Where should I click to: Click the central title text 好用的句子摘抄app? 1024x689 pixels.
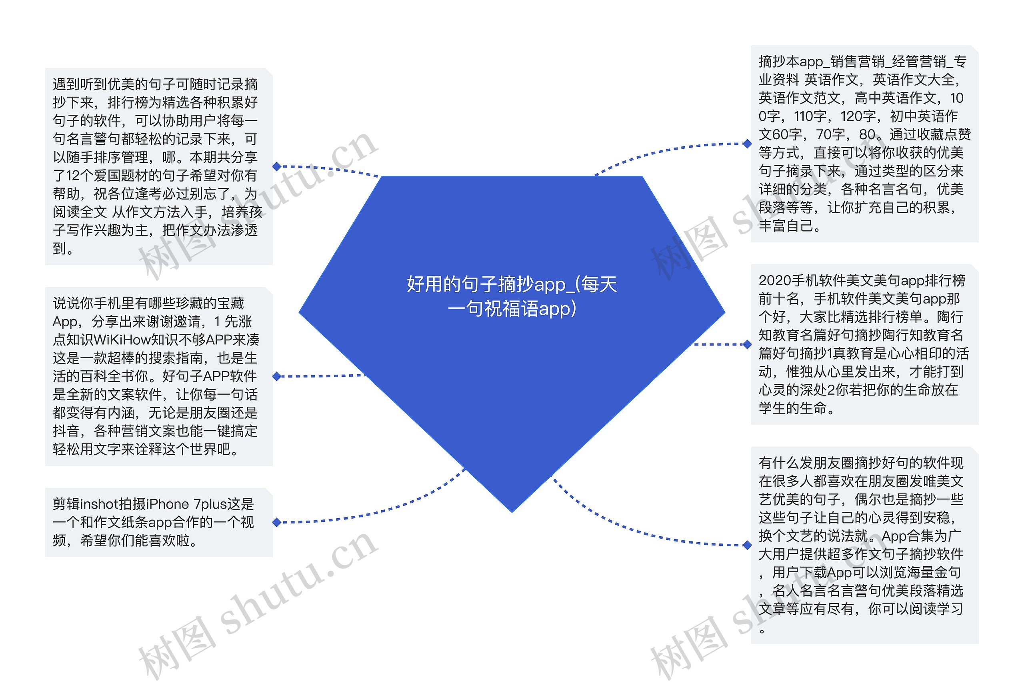tap(512, 296)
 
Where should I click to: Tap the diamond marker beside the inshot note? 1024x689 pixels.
tap(276, 522)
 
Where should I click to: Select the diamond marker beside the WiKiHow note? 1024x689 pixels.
tap(276, 376)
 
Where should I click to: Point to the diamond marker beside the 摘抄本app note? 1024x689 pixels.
tap(747, 144)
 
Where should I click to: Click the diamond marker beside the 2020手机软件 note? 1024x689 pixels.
tap(747, 345)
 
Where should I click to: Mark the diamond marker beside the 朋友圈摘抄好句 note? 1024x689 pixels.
tap(747, 545)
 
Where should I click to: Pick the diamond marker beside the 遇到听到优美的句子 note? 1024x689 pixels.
tap(276, 166)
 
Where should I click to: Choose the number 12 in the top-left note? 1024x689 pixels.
tap(72, 176)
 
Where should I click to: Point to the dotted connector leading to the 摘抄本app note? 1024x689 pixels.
tap(659, 152)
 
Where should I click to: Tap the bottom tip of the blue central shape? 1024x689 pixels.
tap(512, 511)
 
